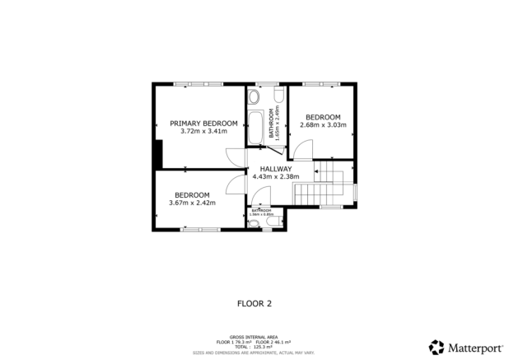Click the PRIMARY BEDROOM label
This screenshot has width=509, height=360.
tap(203, 124)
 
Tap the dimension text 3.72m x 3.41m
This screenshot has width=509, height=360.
tap(203, 131)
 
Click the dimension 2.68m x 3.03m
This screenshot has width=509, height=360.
tap(323, 125)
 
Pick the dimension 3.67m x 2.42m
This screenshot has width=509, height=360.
tap(192, 203)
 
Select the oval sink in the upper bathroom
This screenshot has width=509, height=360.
tap(254, 96)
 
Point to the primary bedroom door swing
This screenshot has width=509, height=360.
tap(237, 157)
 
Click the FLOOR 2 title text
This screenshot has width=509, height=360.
tap(254, 303)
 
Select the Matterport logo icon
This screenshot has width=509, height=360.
tap(436, 346)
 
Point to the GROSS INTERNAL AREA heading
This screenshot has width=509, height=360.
tap(254, 336)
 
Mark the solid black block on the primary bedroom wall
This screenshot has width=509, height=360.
tap(157, 153)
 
